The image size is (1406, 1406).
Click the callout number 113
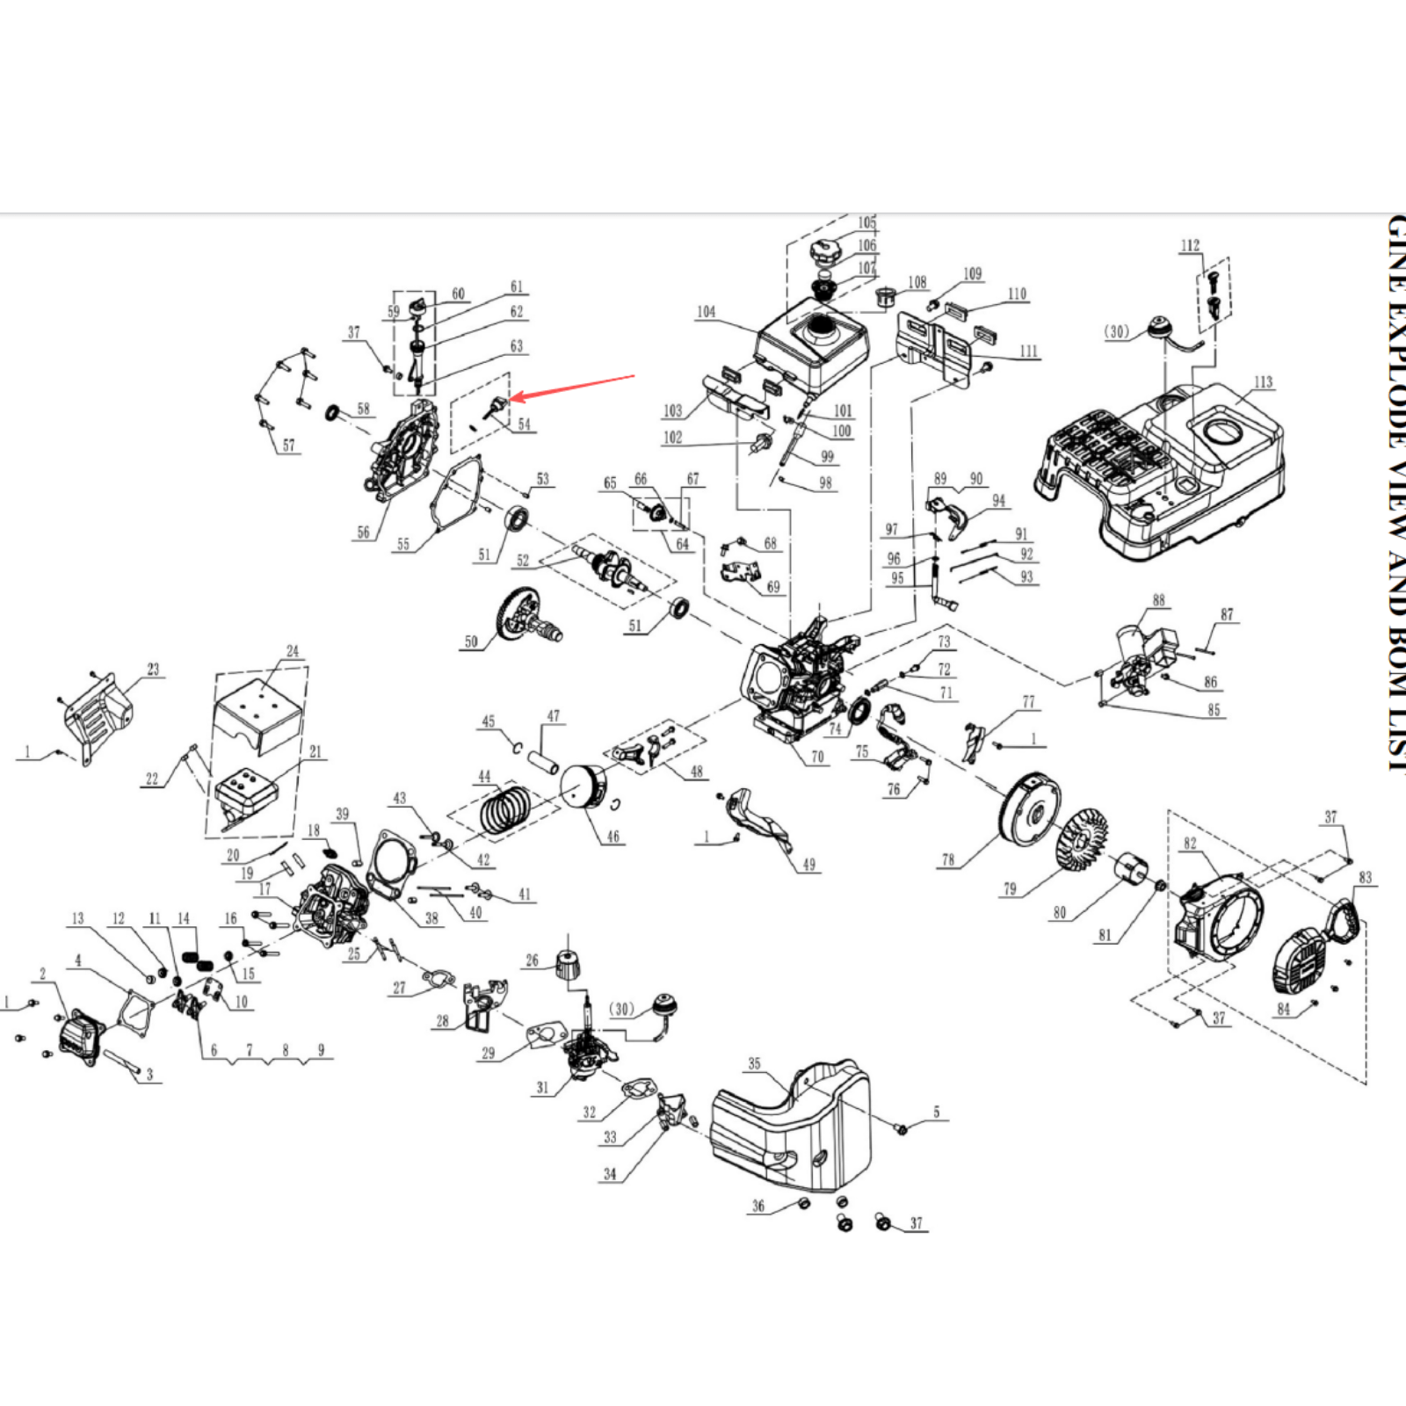[1263, 382]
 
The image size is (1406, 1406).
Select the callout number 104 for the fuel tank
[707, 312]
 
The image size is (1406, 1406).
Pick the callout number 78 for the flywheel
[947, 859]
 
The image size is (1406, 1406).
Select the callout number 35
[754, 1063]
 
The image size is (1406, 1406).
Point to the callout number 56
[363, 533]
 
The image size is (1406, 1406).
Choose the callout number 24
[293, 651]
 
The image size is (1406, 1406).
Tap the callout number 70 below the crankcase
[817, 757]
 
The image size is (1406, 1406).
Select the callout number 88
[1158, 600]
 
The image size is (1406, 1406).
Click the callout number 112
[1190, 245]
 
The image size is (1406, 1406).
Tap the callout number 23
[153, 670]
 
